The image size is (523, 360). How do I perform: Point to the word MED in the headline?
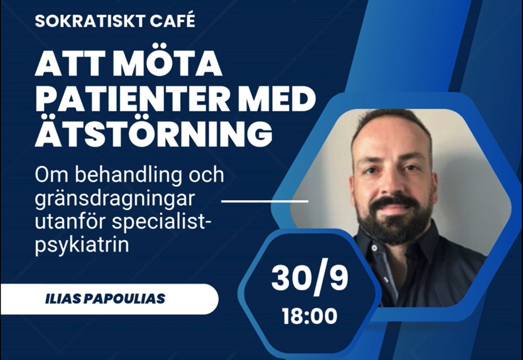click(x=275, y=100)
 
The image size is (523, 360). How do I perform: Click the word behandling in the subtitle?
click(x=129, y=175)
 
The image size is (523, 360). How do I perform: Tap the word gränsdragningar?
click(x=115, y=200)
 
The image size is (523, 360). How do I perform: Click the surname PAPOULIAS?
click(x=125, y=298)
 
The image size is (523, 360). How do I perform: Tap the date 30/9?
click(x=310, y=278)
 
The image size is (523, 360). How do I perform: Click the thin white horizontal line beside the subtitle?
click(x=265, y=201)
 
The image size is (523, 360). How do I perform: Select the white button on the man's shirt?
click(x=375, y=248)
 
